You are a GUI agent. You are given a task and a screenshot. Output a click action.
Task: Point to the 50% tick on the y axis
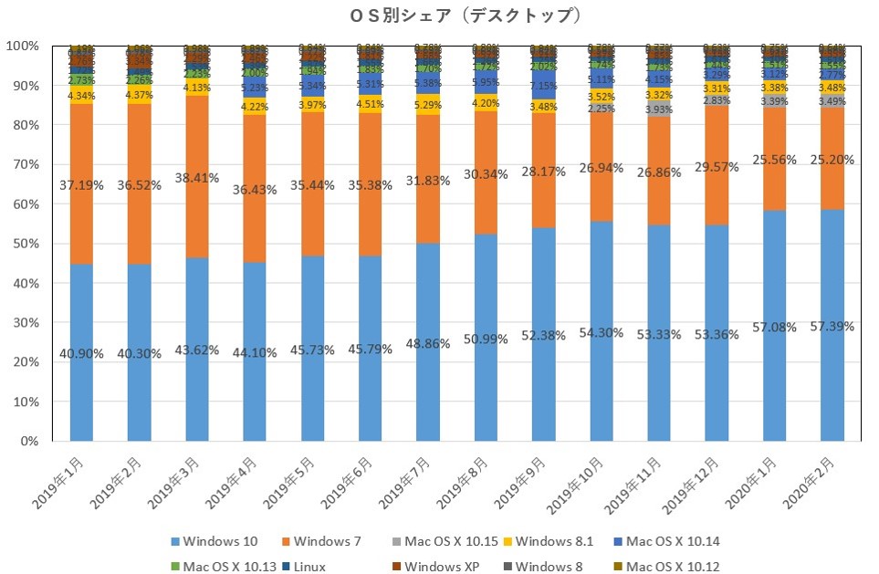(24, 244)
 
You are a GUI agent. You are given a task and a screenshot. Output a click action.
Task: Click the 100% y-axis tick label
(21, 46)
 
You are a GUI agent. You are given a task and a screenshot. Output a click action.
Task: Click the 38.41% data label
(208, 178)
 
